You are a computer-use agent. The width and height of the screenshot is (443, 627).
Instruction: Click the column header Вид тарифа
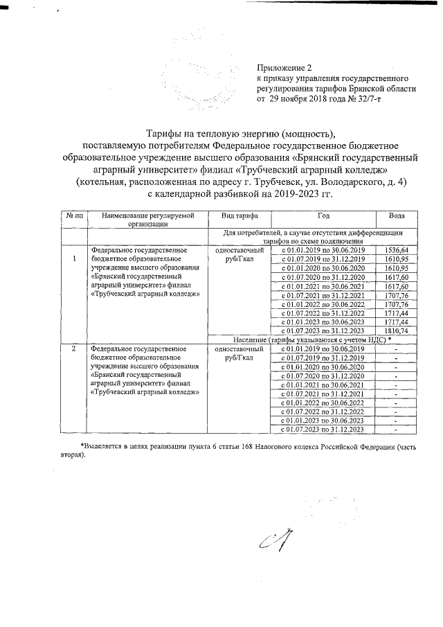point(237,217)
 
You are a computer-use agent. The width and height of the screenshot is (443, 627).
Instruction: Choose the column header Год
point(323,217)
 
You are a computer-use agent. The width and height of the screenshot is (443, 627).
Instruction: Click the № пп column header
point(73,217)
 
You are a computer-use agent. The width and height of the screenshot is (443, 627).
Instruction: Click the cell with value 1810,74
point(398,331)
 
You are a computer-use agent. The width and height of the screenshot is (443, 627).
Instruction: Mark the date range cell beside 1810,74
point(323,331)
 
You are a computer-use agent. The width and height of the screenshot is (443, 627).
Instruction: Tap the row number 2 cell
point(73,348)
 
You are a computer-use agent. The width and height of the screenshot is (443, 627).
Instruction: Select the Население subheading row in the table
point(323,339)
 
